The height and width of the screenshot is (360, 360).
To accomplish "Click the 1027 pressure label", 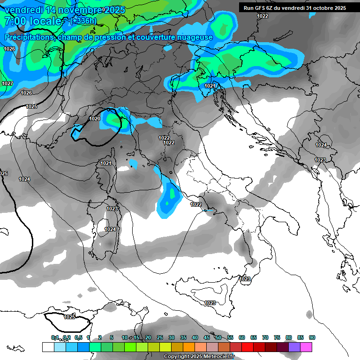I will coord(7,83).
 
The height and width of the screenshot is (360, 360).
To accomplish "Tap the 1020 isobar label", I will coord(95,119).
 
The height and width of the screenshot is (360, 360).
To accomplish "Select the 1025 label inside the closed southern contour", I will coord(69,317).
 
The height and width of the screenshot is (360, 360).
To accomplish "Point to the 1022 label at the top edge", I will coord(262,16).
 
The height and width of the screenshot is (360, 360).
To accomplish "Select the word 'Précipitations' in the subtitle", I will coord(29,37).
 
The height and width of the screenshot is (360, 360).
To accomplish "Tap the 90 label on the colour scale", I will coord(312,337).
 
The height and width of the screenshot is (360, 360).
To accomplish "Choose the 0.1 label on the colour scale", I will coord(55,337).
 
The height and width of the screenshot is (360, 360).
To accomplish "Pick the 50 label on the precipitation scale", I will coord(218,337).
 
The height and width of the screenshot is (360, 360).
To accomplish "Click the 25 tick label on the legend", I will coord(160,337).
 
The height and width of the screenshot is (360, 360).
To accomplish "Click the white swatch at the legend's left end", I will coord(48,347).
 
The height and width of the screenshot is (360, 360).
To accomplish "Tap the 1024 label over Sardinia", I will coord(110,229).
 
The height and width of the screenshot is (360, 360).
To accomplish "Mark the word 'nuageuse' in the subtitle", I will coord(196,37).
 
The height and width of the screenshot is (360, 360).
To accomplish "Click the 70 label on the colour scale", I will coord(265,337).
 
